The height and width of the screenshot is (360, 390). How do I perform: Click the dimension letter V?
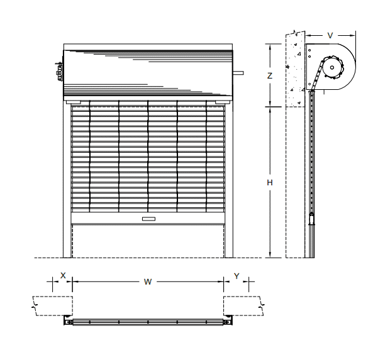tap(330, 36)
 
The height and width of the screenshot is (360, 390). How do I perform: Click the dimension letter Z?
tap(270, 76)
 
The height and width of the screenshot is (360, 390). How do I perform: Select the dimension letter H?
tap(270, 183)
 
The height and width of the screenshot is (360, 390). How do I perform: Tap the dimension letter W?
tap(148, 281)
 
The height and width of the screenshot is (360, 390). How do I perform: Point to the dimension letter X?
tap(63, 275)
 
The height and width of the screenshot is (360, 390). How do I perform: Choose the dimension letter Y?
tap(237, 276)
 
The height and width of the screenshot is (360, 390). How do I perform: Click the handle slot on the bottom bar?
tap(148, 219)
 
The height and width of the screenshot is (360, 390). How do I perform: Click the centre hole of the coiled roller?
tap(332, 67)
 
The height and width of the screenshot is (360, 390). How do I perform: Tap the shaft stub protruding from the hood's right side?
tap(238, 73)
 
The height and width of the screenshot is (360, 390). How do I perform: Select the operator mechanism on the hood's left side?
tap(59, 71)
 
